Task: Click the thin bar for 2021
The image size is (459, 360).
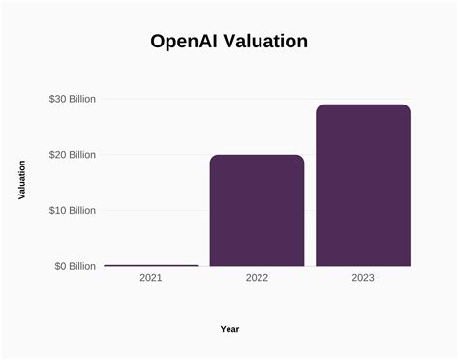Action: pos(150,265)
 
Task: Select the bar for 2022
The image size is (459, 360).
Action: pos(257,211)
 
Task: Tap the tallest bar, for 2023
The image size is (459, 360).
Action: pos(363,186)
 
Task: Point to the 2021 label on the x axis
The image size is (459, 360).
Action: pos(150,278)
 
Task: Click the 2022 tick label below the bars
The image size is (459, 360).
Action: pos(257,278)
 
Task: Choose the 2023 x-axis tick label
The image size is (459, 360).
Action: pos(363,278)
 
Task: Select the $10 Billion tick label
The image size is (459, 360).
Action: pos(72,210)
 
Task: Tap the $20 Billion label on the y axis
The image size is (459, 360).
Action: pos(72,155)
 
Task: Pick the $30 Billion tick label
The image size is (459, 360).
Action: pos(72,99)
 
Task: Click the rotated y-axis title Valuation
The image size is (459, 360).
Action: pos(22,181)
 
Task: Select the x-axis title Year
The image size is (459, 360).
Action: pos(229,329)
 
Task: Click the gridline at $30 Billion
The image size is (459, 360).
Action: pos(194,99)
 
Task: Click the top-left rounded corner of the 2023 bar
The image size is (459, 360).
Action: pos(319,107)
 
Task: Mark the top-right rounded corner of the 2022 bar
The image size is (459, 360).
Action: pos(301,158)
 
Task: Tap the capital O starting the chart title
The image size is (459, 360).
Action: pos(159,42)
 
